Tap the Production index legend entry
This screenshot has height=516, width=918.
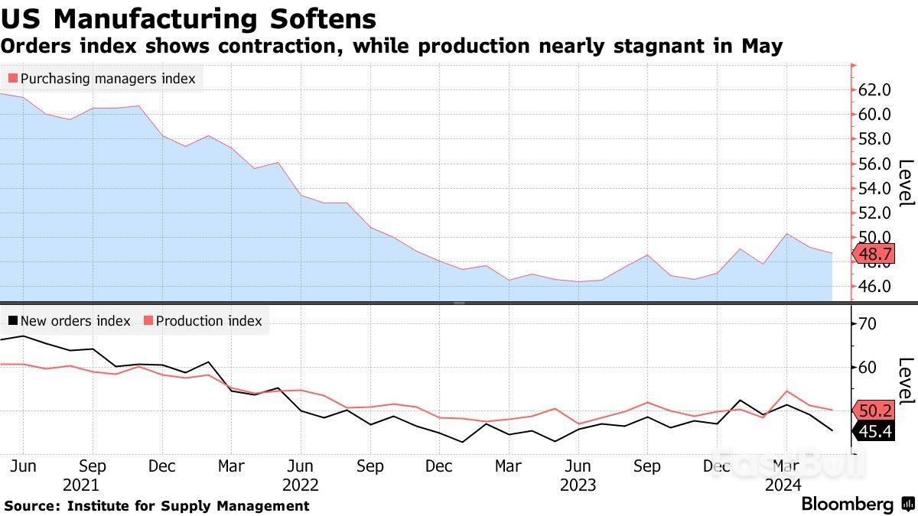[203, 321]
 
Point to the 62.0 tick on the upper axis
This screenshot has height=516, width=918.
[874, 90]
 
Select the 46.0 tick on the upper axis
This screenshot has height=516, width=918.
[874, 287]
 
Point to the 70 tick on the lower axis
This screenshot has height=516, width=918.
[867, 324]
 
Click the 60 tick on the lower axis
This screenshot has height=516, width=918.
[867, 368]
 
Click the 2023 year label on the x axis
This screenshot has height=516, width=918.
[578, 485]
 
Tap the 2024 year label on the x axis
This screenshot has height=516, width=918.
[783, 485]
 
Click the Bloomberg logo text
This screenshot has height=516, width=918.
[847, 505]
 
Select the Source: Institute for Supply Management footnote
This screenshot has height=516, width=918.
[157, 505]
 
